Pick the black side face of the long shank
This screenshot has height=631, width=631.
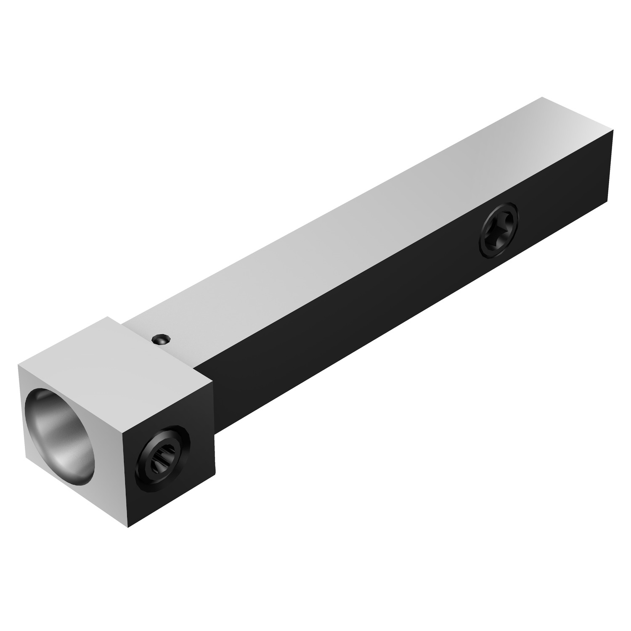pos(379,311)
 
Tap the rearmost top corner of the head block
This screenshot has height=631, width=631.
pos(109,317)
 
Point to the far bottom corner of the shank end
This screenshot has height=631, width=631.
pos(608,197)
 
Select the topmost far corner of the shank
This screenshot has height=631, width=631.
pos(542,98)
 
